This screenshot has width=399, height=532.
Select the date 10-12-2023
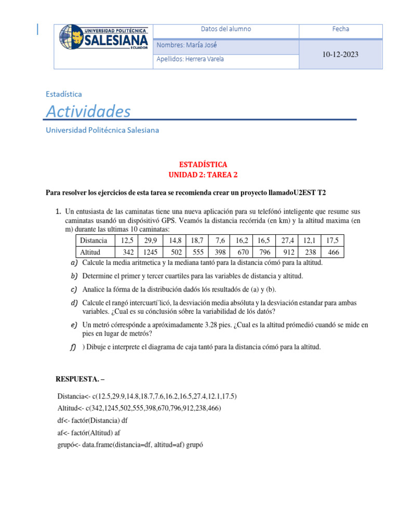point(340,55)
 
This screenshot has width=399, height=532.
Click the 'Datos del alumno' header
point(225,29)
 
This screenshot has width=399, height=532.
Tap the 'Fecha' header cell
point(340,29)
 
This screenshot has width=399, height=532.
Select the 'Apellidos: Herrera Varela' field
point(190,59)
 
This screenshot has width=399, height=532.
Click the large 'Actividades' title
point(88,111)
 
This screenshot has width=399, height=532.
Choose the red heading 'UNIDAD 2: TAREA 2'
point(199,175)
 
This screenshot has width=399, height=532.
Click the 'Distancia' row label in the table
point(94,240)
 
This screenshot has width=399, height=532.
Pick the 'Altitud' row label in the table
point(91,252)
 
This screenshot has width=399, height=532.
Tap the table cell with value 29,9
point(150,240)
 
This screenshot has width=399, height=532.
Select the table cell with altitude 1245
point(150,252)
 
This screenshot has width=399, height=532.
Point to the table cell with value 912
point(288,252)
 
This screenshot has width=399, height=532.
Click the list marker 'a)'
point(74,262)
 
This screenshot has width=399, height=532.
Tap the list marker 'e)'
point(74,325)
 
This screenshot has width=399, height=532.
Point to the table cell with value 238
point(310,252)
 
